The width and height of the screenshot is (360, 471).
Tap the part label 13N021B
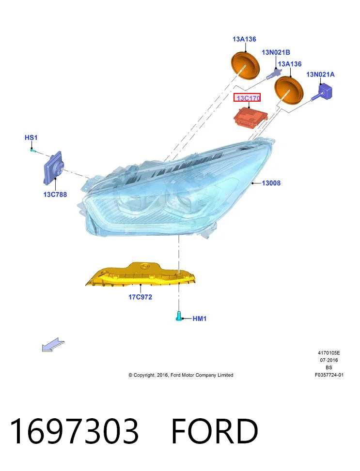[x=276, y=52]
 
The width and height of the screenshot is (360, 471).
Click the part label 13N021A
[x=320, y=74]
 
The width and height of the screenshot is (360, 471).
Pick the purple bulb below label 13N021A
[x=323, y=92]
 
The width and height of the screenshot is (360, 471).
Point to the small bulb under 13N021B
[x=273, y=74]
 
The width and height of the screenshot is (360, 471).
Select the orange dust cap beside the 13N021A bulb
[x=289, y=89]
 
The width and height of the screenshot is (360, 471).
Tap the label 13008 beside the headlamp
[x=271, y=183]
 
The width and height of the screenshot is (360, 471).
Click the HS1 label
[x=31, y=137]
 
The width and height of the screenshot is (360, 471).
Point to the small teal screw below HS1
[x=33, y=150]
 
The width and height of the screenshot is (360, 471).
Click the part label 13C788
[x=55, y=194]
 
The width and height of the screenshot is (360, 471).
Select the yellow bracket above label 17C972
[x=141, y=274]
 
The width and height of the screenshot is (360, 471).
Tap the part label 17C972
[x=140, y=297]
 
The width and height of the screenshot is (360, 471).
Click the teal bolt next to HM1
[x=178, y=316]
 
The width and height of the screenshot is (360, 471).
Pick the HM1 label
[x=200, y=319]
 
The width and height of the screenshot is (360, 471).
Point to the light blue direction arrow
[x=53, y=345]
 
